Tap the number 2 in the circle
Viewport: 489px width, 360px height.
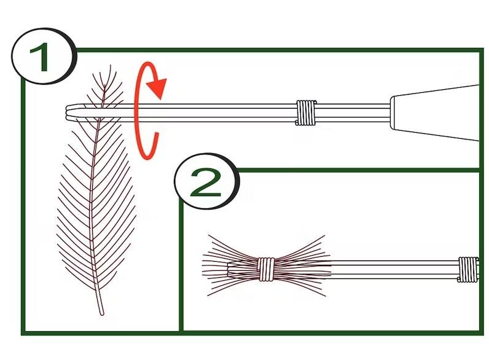(x=206, y=182)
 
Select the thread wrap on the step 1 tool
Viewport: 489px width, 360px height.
(x=305, y=113)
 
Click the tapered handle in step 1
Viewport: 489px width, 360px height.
(x=436, y=113)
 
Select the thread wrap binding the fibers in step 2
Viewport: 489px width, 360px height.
(x=267, y=269)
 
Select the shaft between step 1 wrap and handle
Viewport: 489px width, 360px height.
(x=353, y=113)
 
